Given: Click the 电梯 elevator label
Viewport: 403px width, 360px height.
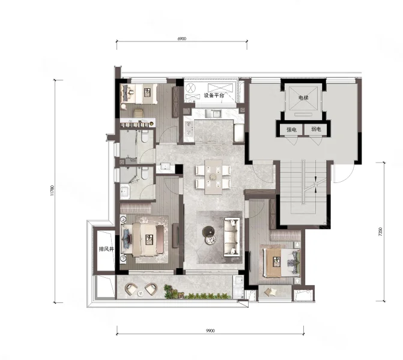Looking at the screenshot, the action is click(x=303, y=98).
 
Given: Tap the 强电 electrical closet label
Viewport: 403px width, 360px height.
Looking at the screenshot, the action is click(x=291, y=130).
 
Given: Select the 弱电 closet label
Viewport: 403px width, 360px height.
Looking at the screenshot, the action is click(x=316, y=129).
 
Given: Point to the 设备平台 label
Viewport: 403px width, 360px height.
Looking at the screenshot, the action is click(x=214, y=95).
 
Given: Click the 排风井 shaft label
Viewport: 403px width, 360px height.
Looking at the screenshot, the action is click(x=106, y=249).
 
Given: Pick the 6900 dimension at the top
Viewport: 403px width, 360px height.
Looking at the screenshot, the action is click(x=182, y=39).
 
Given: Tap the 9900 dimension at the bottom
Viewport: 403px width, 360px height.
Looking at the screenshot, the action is click(x=210, y=331).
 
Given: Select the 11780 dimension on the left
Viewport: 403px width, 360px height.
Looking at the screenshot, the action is click(x=52, y=191).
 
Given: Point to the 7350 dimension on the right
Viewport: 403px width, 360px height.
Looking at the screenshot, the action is click(x=381, y=232).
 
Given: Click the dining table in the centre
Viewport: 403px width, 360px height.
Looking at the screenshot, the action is click(x=213, y=177).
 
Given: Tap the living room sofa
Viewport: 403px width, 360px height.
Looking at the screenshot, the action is click(x=232, y=237).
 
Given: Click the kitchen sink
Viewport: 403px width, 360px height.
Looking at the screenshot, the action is click(x=213, y=113).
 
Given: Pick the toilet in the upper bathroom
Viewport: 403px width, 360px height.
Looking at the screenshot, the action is click(x=145, y=136).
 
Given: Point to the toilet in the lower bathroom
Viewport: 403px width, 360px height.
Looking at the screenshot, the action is click(x=145, y=173).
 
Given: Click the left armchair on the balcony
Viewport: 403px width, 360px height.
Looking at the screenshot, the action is click(x=131, y=289).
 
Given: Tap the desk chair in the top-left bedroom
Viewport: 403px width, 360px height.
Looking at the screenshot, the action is click(x=138, y=113).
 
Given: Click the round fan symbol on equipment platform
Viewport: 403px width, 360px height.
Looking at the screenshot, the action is click(x=190, y=89).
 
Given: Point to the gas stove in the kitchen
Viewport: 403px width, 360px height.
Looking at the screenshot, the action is click(x=189, y=128).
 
